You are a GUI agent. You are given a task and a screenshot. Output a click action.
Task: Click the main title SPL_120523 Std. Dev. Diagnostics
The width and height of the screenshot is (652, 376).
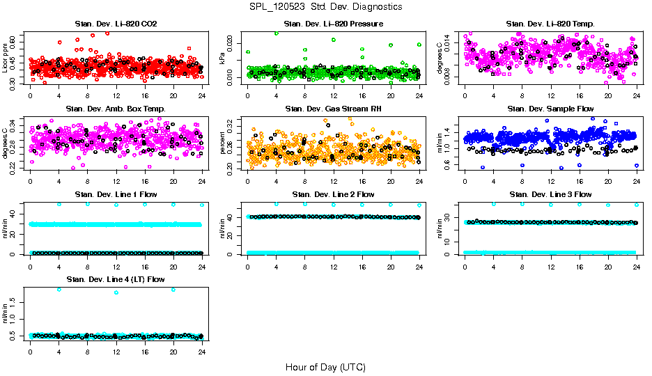325,7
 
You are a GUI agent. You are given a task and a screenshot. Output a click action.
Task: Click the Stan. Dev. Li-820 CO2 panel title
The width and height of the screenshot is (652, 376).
116,24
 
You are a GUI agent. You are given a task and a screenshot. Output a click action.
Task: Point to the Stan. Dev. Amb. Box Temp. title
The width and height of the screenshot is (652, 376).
116,109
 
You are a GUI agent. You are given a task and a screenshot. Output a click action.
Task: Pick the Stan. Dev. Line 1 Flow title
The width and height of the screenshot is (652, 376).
116,194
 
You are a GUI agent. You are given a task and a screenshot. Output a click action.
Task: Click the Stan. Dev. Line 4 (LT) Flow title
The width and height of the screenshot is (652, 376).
116,279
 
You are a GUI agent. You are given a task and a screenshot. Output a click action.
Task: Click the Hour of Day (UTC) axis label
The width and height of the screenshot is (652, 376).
325,367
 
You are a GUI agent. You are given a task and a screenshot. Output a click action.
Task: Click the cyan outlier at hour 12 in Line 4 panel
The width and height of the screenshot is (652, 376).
116,292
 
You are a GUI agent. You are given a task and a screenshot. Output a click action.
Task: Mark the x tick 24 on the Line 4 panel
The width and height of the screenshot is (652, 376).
202,351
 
